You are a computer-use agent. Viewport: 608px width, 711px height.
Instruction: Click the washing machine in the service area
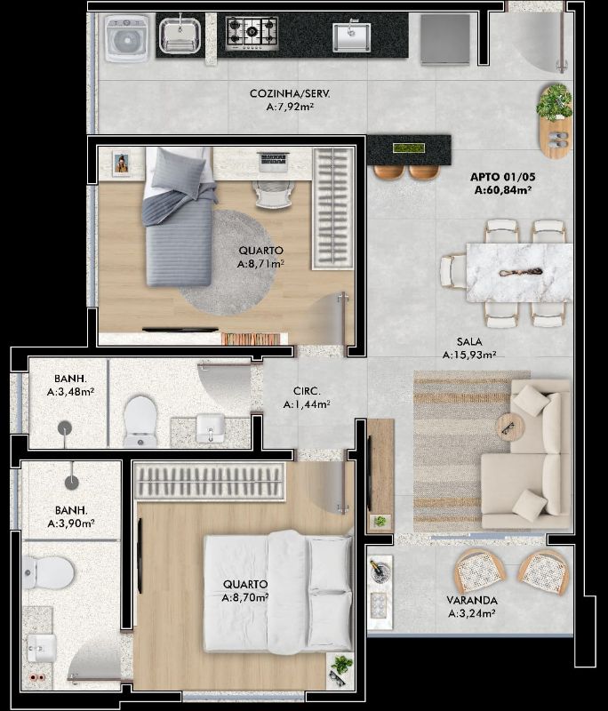(127, 38)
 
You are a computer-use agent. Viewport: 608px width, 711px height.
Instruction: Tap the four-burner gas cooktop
(252, 33)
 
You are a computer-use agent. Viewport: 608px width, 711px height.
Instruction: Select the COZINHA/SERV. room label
(290, 94)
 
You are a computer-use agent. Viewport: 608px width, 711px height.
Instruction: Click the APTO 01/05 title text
(502, 177)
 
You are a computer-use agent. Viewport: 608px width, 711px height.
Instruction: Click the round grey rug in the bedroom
(227, 262)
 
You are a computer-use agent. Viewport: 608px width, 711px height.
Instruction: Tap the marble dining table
(519, 273)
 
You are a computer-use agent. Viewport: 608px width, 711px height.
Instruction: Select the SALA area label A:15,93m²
(469, 355)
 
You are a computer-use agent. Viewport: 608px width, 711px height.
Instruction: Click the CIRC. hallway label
(307, 391)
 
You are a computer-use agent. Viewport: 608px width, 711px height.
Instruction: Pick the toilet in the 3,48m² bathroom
(140, 421)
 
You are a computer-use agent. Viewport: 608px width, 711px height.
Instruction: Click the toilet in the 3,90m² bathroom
(48, 572)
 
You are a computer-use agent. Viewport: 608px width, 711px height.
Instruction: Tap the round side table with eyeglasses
(510, 427)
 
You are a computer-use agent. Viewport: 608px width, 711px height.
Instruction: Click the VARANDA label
(472, 601)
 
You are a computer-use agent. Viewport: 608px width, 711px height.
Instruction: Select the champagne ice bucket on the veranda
(377, 571)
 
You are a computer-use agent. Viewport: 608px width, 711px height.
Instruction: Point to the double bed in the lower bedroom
(278, 593)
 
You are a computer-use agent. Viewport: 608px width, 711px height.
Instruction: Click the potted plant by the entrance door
(554, 102)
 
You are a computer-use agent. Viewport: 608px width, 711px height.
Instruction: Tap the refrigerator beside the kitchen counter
(444, 39)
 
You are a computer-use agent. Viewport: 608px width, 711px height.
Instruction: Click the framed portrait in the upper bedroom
(121, 164)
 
